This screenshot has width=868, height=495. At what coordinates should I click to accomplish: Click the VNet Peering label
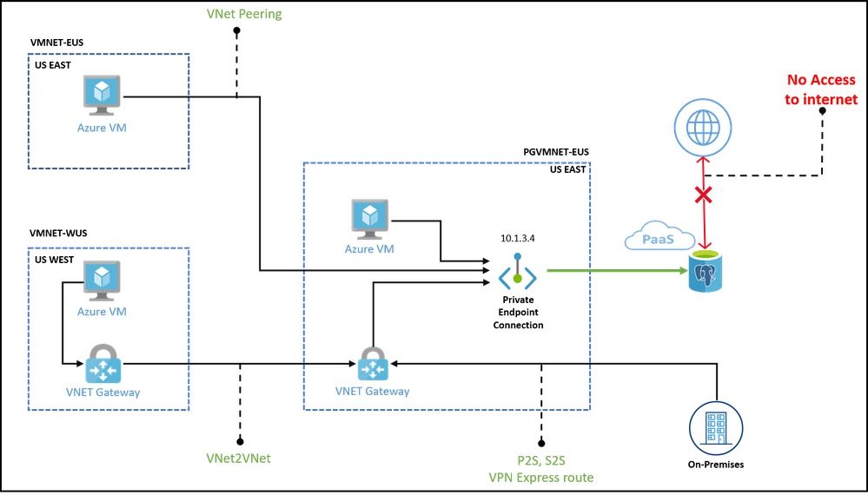(244, 14)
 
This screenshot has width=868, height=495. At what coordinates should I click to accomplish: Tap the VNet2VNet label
(238, 458)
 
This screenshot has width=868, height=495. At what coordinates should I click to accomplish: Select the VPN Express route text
(541, 478)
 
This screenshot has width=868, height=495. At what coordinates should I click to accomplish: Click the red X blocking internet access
(703, 195)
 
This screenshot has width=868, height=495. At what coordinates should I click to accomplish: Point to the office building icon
(715, 426)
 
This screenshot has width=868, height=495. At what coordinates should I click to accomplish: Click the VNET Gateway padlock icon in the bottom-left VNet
(103, 362)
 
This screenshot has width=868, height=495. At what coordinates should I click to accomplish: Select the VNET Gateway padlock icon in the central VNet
(373, 364)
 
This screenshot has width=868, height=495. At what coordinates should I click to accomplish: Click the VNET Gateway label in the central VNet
(372, 392)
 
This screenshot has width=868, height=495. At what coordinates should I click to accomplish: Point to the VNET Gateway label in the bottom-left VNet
(103, 393)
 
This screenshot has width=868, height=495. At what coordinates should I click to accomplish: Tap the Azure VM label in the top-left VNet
(103, 128)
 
